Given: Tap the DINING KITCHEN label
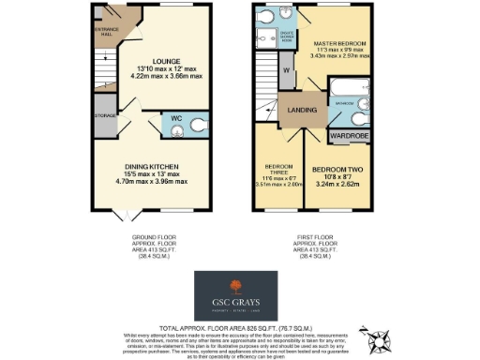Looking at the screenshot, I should coord(152,166).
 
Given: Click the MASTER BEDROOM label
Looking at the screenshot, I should coord(338,44).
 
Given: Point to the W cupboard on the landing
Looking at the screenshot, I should coord(284,71).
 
